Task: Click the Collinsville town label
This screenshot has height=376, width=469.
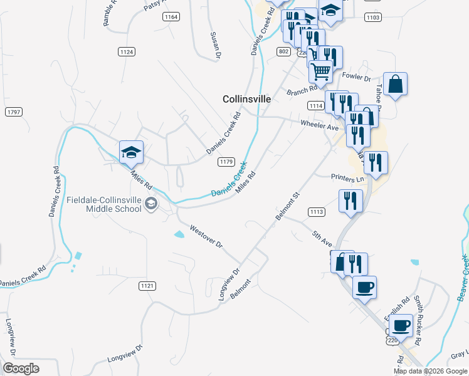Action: pyautogui.click(x=247, y=99)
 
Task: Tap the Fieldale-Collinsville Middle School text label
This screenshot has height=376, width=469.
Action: pyautogui.click(x=104, y=204)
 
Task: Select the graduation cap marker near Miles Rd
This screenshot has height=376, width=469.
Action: pyautogui.click(x=132, y=152)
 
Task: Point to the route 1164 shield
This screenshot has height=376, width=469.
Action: pyautogui.click(x=171, y=17)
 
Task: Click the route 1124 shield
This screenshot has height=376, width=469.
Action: pyautogui.click(x=126, y=52)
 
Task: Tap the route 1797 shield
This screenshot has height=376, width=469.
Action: pyautogui.click(x=13, y=112)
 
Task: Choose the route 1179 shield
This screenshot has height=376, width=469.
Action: pyautogui.click(x=226, y=162)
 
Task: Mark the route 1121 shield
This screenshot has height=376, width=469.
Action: pyautogui.click(x=147, y=286)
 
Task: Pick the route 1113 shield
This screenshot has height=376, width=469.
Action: pyautogui.click(x=317, y=212)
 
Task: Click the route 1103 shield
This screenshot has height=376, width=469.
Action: pyautogui.click(x=372, y=18)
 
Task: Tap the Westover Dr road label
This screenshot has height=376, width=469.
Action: pyautogui.click(x=206, y=236)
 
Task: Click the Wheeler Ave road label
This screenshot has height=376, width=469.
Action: pyautogui.click(x=319, y=126)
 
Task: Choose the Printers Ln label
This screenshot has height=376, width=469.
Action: pyautogui.click(x=347, y=179)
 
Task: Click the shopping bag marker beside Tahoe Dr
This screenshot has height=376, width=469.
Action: pyautogui.click(x=395, y=85)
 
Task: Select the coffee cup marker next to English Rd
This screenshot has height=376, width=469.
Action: pyautogui.click(x=400, y=326)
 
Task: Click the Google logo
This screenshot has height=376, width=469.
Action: pyautogui.click(x=21, y=368)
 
